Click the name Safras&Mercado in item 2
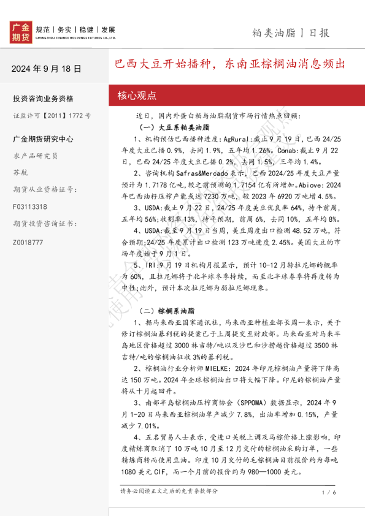196,173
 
